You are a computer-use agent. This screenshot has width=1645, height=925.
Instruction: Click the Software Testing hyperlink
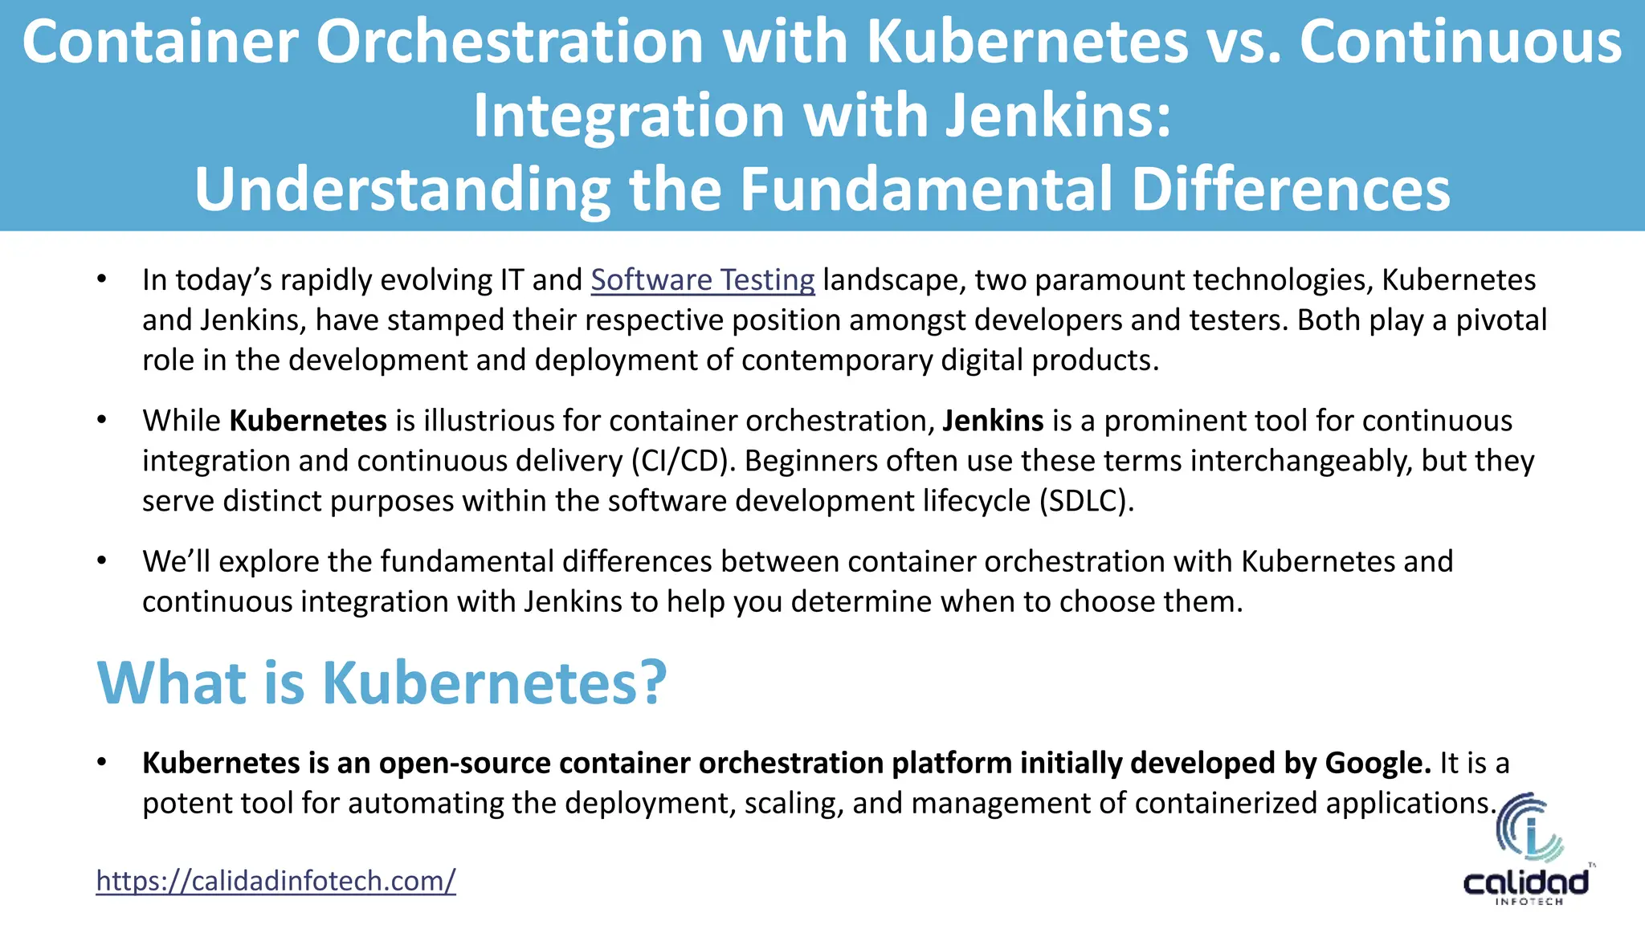tap(703, 280)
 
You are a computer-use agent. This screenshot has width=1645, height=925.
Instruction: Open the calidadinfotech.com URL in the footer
tap(276, 881)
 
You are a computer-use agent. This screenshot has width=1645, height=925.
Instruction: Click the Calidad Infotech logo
tap(1527, 850)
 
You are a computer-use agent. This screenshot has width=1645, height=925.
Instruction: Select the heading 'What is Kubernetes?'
tap(382, 683)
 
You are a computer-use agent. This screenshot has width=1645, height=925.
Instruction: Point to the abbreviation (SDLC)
tap(1086, 501)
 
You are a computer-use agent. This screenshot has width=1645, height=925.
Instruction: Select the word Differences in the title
tap(1291, 189)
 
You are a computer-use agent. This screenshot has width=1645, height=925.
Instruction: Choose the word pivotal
tap(1501, 320)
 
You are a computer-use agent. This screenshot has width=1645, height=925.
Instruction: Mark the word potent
tap(182, 803)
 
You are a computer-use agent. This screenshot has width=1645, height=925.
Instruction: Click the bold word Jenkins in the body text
tap(993, 421)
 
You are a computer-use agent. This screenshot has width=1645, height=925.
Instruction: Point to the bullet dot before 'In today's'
tap(101, 279)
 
